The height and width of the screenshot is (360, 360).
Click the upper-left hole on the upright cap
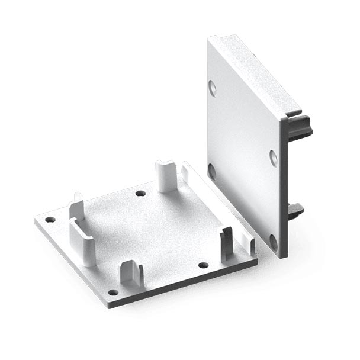tap(213, 88)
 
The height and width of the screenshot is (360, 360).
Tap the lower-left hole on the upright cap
tap(211, 171)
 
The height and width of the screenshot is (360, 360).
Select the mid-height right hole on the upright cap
tap(274, 157)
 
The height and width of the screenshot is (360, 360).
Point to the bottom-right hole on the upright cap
tap(273, 242)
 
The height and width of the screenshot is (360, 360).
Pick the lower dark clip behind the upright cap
tap(295, 209)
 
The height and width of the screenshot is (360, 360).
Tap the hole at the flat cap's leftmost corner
tap(50, 219)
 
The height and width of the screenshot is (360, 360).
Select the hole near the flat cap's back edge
tap(140, 193)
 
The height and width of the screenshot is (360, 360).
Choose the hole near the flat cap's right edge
tap(203, 265)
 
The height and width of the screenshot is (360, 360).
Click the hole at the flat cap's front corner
tap(112, 292)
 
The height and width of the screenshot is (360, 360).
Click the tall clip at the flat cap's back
tap(166, 176)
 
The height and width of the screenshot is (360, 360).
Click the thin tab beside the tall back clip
tap(185, 172)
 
